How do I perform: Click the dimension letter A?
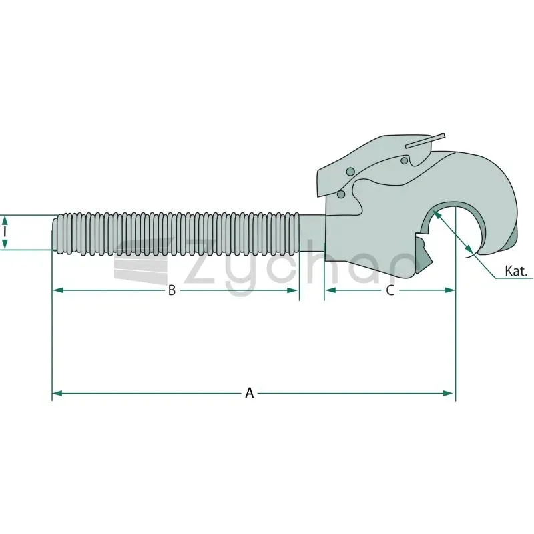coord(250,393)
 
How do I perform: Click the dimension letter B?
coord(172,290)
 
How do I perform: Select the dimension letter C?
coord(390,290)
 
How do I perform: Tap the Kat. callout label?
coord(516,271)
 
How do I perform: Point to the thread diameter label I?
coord(5,232)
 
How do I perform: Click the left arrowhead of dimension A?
coord(57,393)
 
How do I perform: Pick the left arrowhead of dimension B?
coord(59,290)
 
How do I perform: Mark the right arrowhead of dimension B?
coord(292,290)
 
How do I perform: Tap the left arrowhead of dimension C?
coord(330,290)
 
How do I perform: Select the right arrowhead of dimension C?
coord(449,290)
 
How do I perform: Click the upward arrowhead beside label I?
coord(5,220)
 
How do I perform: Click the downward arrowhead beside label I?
coord(5,244)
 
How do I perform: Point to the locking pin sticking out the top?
coord(425,140)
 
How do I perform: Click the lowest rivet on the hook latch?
coord(341,194)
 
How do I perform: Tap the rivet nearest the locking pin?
coord(405,160)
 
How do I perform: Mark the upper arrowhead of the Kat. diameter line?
coord(436,214)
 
